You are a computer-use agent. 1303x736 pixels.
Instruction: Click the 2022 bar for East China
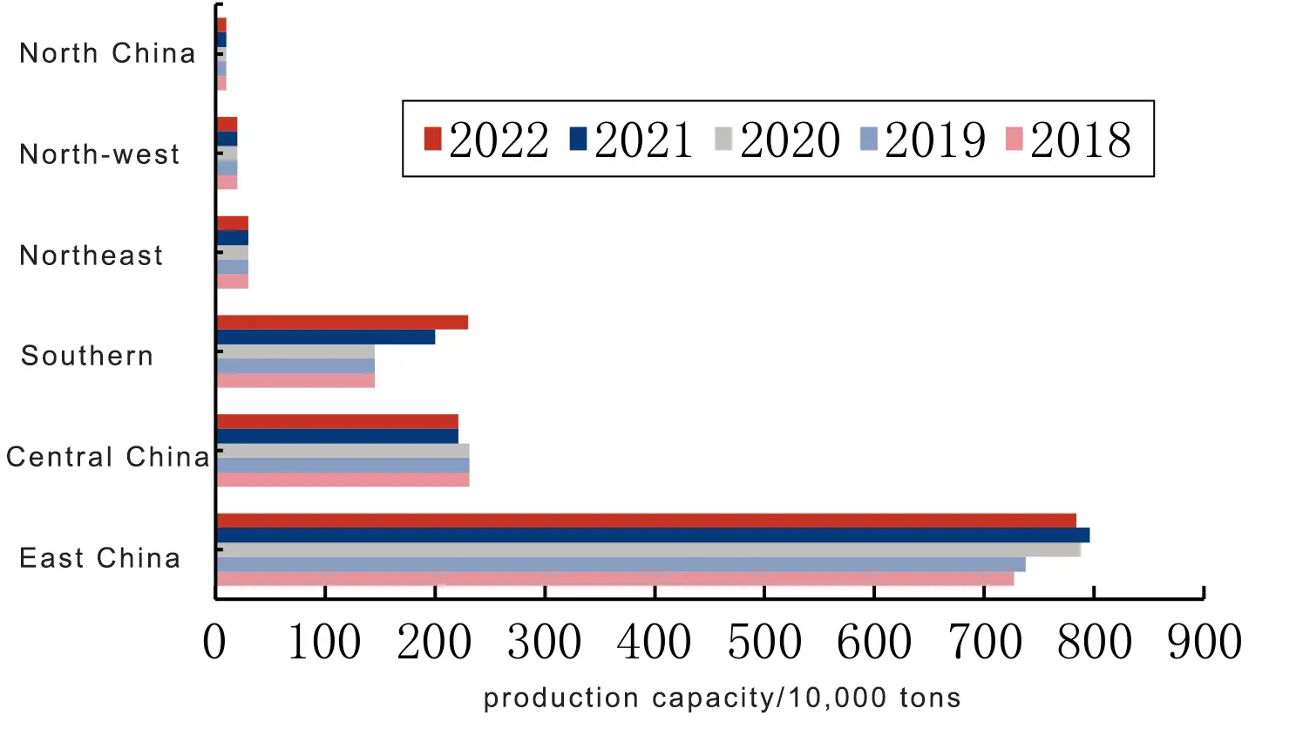[x=646, y=521]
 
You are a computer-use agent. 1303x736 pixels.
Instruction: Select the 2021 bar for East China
[x=653, y=535]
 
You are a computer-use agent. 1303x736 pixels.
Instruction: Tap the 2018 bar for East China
[x=614, y=579]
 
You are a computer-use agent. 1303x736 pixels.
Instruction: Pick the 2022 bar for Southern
[x=342, y=323]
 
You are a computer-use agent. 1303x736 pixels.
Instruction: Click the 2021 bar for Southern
[x=325, y=337]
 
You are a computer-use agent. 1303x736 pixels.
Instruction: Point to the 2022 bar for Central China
[x=336, y=422]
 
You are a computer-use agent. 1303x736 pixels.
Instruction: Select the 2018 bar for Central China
[x=343, y=480]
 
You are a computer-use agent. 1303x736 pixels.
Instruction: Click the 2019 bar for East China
[x=621, y=564]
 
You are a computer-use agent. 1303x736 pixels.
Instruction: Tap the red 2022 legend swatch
[x=432, y=139]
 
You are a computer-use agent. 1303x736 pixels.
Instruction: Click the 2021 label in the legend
[x=644, y=140]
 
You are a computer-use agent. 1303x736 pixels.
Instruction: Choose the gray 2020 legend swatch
[x=723, y=139]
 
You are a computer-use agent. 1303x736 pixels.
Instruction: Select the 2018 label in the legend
[x=1081, y=140]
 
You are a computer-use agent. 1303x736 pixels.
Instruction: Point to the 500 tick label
[x=764, y=643]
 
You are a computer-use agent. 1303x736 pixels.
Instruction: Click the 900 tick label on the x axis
[x=1205, y=643]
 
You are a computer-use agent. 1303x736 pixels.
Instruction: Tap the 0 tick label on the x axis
[x=214, y=643]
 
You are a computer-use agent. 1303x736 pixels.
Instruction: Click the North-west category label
[x=99, y=154]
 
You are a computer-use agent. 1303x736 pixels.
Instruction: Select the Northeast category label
[x=92, y=256]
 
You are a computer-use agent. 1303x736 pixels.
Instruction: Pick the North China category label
[x=107, y=53]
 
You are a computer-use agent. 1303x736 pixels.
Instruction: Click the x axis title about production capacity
[x=722, y=698]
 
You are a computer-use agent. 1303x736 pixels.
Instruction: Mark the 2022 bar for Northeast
[x=233, y=223]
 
